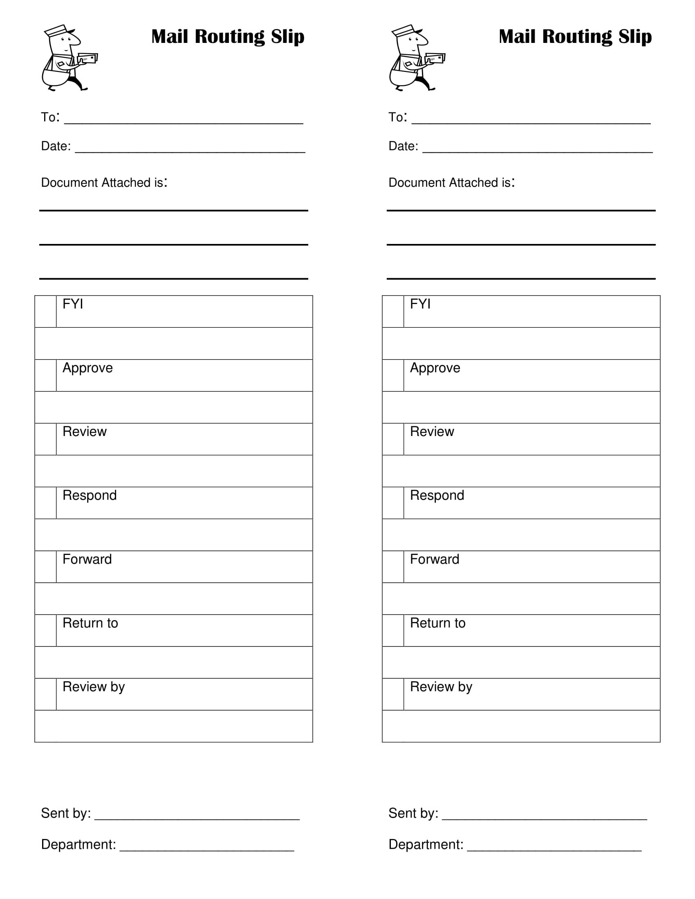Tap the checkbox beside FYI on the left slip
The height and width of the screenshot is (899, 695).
[x=45, y=311]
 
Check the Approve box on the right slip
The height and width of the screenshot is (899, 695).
[x=393, y=375]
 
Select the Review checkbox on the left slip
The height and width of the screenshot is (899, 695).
[x=45, y=439]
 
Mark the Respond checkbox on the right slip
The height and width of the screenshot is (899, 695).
[x=393, y=503]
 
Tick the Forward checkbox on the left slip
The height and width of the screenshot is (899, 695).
[x=45, y=566]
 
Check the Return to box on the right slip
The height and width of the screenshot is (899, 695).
[x=393, y=630]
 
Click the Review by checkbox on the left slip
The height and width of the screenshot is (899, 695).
[x=45, y=694]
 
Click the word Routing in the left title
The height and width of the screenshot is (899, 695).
[x=229, y=37]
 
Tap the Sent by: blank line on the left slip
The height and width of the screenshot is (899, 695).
[x=197, y=816]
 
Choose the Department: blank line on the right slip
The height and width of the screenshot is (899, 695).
[x=554, y=847]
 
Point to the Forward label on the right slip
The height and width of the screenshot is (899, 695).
[x=434, y=559]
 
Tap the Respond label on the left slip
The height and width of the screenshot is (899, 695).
[x=90, y=495]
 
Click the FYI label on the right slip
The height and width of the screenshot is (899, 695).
[x=420, y=304]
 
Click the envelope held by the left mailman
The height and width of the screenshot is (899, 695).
[x=88, y=58]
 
